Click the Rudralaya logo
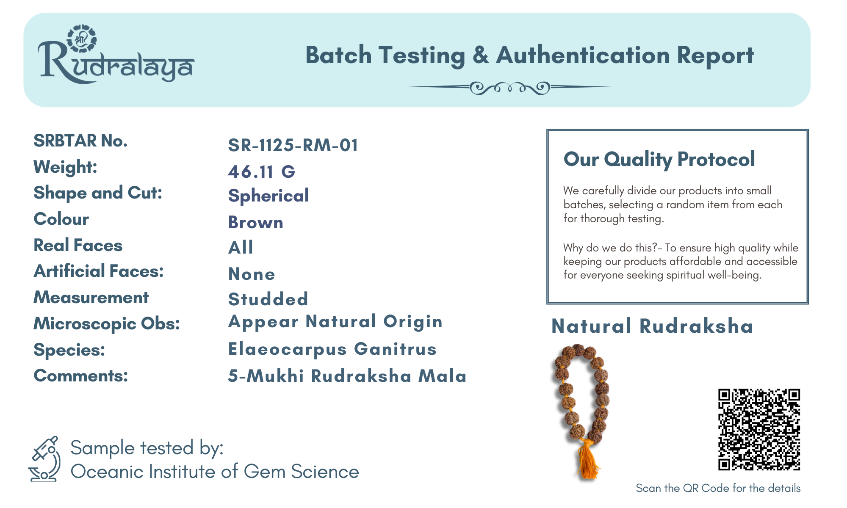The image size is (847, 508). pos(116,55)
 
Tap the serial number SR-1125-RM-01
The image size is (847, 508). pos(293,145)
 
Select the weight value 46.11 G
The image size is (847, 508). pos(261,171)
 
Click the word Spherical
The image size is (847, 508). pos(268,196)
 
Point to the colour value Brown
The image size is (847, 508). pos(256,222)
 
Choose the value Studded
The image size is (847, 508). pos(268,299)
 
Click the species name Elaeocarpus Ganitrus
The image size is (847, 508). pos(332,349)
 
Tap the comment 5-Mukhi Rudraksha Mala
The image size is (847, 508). pos(347,376)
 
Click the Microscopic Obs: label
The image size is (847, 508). pos(107,324)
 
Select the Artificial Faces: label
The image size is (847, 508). pos(99,271)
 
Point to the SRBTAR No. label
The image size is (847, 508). pos(80,141)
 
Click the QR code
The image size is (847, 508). pos(759,429)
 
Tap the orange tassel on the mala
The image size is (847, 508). pos(588,459)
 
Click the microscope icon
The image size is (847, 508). pos(45,459)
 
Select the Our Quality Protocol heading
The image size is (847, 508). pos(659,160)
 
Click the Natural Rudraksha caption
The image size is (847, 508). pos(652,326)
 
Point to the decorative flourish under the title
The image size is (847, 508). pos(510,88)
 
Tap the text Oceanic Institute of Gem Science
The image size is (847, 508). pos(215,472)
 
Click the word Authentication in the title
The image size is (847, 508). pos(582,55)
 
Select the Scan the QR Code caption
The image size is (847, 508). pos(718,488)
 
